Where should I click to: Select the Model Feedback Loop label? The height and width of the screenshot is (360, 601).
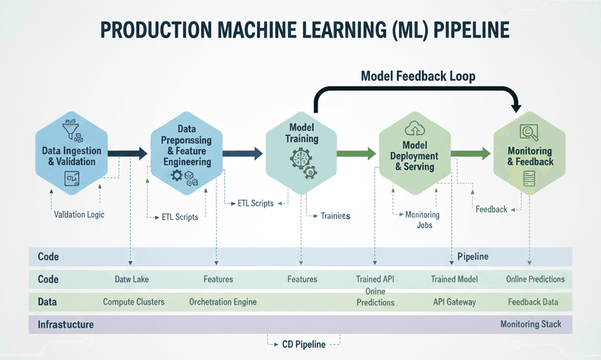(418, 76)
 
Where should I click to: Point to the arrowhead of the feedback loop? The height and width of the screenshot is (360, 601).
(517, 107)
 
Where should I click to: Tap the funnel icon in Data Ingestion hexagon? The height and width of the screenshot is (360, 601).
(72, 130)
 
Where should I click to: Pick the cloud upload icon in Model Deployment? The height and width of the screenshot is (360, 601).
(411, 129)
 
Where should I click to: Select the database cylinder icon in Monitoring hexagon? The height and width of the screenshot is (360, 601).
(530, 179)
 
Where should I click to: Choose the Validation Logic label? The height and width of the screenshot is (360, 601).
(79, 214)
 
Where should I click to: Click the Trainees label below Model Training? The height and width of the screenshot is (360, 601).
(335, 216)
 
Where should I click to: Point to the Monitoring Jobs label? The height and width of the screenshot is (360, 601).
(423, 220)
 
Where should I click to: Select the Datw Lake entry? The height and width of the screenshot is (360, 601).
(132, 280)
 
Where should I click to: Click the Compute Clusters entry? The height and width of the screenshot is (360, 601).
(134, 302)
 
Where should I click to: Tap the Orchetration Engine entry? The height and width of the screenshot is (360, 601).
(222, 302)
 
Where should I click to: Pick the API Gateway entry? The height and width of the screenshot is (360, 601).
(454, 302)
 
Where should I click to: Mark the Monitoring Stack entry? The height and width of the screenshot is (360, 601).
(531, 324)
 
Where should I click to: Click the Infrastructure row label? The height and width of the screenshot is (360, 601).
(66, 324)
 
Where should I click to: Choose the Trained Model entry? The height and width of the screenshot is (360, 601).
(454, 280)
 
